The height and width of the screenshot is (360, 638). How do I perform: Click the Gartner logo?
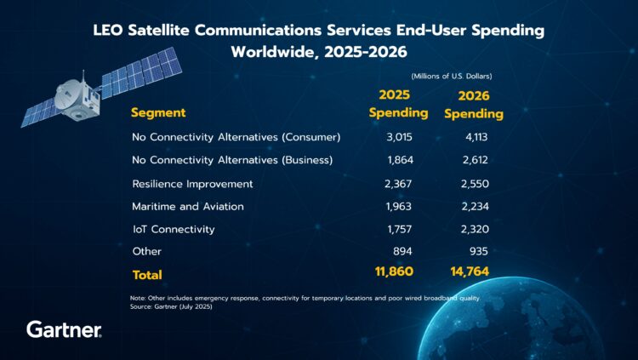[x=64, y=329]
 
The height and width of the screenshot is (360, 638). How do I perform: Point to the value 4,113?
[x=471, y=137]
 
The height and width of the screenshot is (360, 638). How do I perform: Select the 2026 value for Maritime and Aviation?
[x=471, y=207]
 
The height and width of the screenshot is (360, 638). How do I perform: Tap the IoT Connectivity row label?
[x=174, y=230]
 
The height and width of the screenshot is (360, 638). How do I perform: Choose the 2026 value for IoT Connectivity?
[x=471, y=230]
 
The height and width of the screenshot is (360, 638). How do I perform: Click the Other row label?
[x=147, y=252]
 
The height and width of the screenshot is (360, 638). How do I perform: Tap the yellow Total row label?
[x=147, y=275]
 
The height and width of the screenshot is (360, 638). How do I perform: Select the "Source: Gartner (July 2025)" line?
[x=173, y=306]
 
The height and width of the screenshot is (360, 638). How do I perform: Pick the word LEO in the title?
[x=112, y=31]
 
